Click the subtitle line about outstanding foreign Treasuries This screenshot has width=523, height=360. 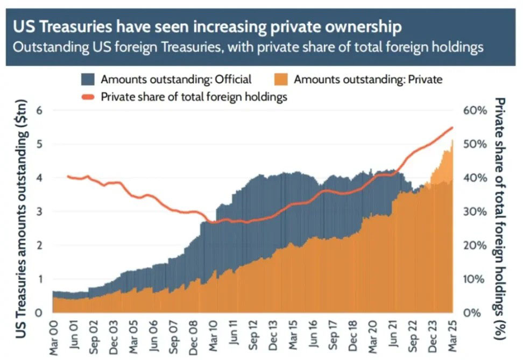(247, 47)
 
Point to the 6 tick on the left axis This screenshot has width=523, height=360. (39, 110)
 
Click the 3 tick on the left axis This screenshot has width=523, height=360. (39, 211)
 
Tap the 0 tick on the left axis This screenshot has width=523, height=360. (39, 313)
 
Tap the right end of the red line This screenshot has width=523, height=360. (452, 128)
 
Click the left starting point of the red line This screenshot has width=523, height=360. (67, 176)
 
